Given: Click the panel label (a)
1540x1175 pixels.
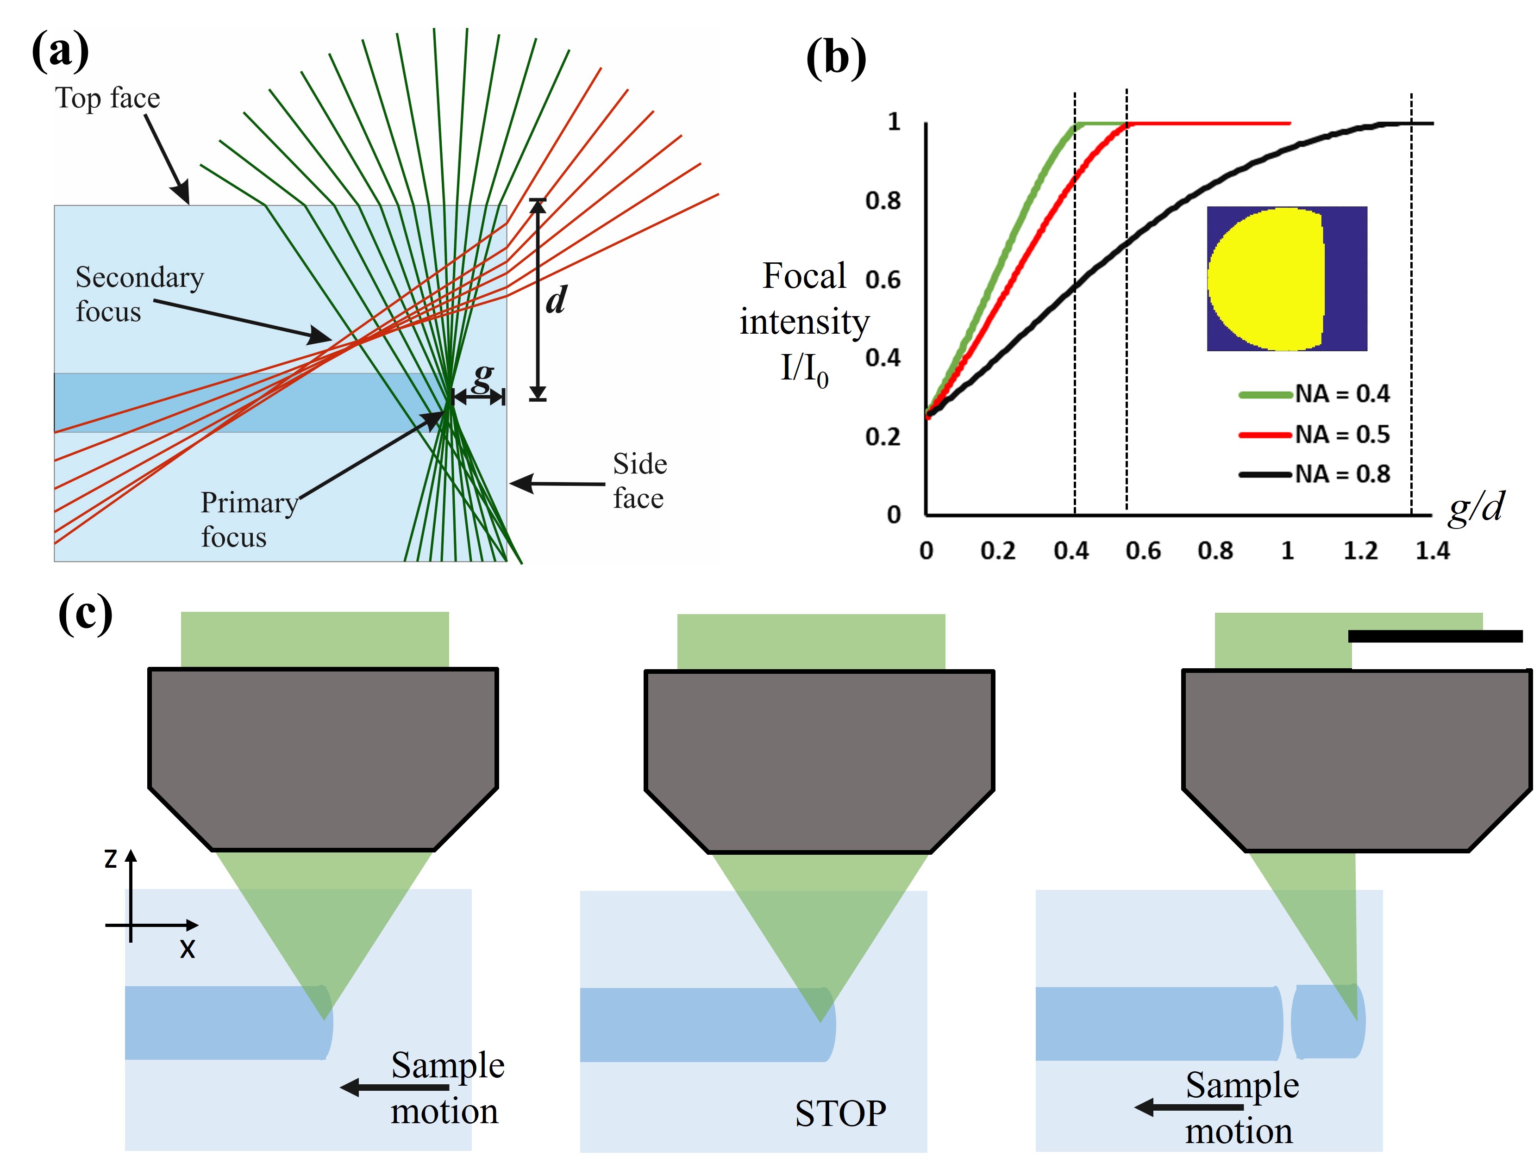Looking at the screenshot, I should (x=60, y=51).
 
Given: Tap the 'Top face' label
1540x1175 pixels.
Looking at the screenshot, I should (x=108, y=98).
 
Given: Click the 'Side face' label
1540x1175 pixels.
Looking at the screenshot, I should (x=639, y=481).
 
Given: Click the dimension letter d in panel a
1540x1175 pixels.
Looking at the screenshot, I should (x=556, y=301).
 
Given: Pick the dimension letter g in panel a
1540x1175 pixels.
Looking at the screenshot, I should (x=482, y=378).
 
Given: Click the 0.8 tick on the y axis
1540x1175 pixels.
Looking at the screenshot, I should (x=883, y=201).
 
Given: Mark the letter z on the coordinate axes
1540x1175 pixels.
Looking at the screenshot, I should (x=111, y=859).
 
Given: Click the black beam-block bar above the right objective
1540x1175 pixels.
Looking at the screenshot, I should (x=1435, y=636).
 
